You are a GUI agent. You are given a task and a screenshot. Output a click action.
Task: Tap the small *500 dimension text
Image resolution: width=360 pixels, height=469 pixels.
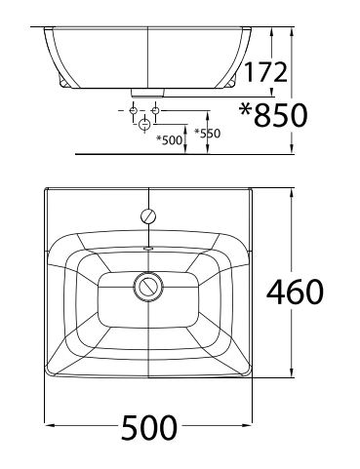coord(170,140)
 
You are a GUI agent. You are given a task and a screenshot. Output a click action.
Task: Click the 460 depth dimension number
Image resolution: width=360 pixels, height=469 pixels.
coord(296,290)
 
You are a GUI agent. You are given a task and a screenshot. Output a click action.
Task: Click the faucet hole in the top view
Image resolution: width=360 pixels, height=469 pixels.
coord(148,215)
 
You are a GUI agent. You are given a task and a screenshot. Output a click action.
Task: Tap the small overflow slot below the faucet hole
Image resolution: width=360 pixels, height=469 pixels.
coord(148,248)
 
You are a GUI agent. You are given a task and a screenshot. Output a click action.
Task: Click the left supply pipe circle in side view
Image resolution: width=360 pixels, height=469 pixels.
coord(132,112)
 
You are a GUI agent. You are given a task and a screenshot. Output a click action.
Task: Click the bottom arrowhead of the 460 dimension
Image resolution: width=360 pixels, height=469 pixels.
coord(290,372)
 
